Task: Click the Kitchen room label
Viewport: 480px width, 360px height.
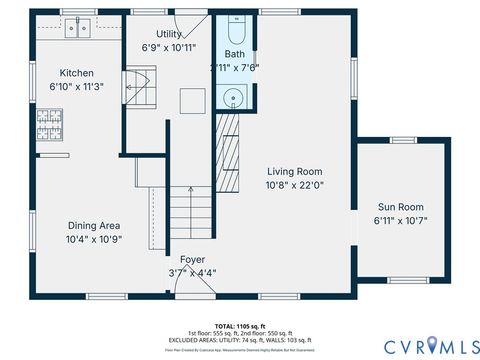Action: [x=77, y=73]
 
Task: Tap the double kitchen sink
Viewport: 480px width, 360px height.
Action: [x=79, y=28]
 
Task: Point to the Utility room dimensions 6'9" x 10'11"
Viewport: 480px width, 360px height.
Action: [x=168, y=46]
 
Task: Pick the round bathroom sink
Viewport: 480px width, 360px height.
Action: [x=234, y=97]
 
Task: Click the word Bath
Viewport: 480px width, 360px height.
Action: [x=234, y=54]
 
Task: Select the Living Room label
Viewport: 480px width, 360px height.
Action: [x=294, y=171]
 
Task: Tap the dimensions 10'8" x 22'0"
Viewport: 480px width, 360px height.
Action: [x=294, y=184]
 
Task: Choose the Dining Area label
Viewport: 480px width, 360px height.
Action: [x=93, y=226]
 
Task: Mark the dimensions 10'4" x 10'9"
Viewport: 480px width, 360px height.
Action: [x=93, y=239]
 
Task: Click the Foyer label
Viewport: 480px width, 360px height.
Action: [x=192, y=259]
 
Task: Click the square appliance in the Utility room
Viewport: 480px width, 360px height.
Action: [x=192, y=100]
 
